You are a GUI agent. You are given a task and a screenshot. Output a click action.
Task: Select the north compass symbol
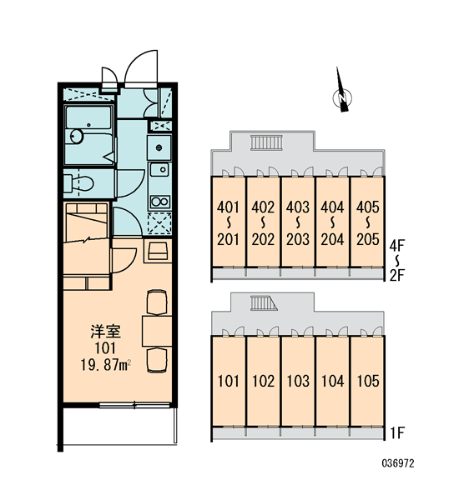click(x=342, y=92)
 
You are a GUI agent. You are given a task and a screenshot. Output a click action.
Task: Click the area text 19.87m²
click(x=106, y=365)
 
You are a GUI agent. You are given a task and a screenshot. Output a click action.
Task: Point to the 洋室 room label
click(x=106, y=332)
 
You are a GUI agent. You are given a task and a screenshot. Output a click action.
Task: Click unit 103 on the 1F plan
click(x=298, y=381)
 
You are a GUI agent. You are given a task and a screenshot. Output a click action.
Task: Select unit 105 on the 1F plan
click(x=368, y=381)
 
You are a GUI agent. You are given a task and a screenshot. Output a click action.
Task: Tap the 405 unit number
click(x=368, y=207)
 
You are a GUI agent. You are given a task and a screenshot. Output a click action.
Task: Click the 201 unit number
click(x=228, y=239)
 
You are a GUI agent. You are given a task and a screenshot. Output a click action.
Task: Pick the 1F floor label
click(x=397, y=432)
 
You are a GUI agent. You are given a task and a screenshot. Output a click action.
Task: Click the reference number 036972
click(x=398, y=463)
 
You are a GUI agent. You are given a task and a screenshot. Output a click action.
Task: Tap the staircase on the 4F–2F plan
click(x=267, y=142)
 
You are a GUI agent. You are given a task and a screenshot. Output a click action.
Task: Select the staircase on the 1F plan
click(x=264, y=303)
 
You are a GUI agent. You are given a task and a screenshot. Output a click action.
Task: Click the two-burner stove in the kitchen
click(x=159, y=202)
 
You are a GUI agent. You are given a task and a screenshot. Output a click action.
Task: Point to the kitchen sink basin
click(x=159, y=169)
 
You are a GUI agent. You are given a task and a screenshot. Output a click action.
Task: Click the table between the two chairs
click(x=157, y=331)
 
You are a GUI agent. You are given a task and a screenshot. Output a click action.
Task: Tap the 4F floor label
click(x=397, y=246)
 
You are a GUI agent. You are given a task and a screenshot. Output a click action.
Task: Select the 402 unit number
click(x=263, y=207)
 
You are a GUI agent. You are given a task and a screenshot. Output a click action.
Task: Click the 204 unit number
click(x=332, y=239)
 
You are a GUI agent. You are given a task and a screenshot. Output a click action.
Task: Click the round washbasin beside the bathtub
click(x=76, y=137)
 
